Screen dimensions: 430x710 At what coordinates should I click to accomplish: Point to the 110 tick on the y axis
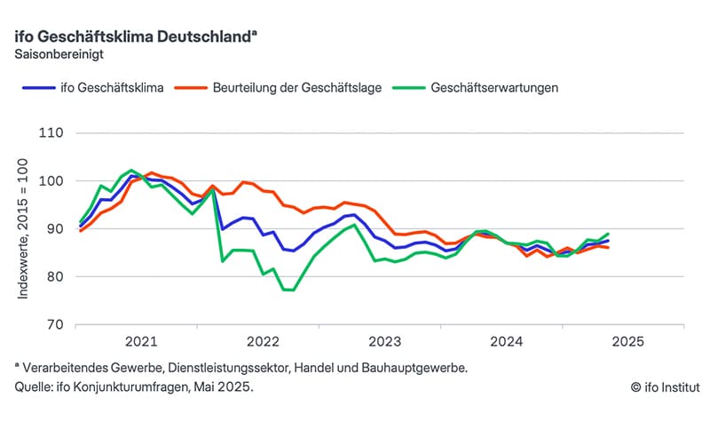(x=51, y=133)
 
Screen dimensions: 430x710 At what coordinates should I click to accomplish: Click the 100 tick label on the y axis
(x=51, y=181)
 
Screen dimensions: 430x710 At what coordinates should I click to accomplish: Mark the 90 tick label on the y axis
(x=53, y=229)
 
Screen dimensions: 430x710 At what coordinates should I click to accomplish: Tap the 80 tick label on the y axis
(x=53, y=276)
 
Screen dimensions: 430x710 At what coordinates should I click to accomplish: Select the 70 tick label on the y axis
(x=53, y=324)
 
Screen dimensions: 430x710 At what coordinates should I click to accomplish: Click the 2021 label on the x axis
(x=141, y=341)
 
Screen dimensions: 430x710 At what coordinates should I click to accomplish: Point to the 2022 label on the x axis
(x=263, y=341)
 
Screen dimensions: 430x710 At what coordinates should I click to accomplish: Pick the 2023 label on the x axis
(x=384, y=341)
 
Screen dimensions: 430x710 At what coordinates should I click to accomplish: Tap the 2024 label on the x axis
(x=505, y=341)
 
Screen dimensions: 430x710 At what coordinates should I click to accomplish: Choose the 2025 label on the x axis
(x=627, y=341)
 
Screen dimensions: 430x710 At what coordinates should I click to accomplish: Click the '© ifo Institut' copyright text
(x=665, y=387)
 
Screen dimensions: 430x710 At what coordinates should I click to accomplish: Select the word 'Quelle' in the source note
(x=33, y=387)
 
